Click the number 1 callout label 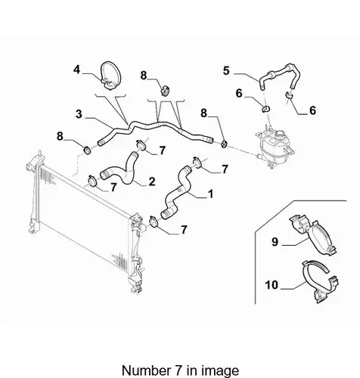pos(209,194)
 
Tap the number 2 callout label pos(152,181)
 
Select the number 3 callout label pos(79,114)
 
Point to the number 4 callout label pos(77,70)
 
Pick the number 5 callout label pos(226,70)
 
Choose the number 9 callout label pos(275,242)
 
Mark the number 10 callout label pos(272,285)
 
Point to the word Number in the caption pos(146,370)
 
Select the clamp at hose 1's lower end pos(154,222)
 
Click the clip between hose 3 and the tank pos(225,144)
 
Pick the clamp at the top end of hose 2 pos(141,144)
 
